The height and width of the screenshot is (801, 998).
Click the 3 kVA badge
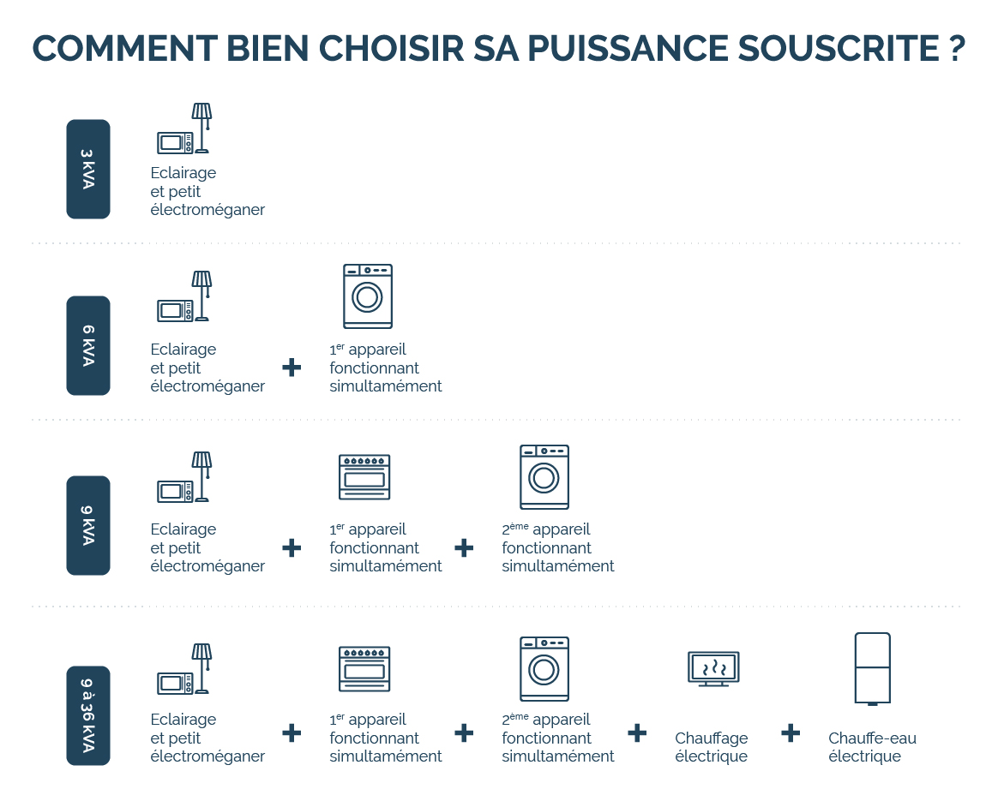[x=88, y=170]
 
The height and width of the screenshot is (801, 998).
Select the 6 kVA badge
[x=88, y=345]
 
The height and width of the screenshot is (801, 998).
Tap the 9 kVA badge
[x=88, y=525]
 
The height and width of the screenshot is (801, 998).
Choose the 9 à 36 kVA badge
[x=88, y=715]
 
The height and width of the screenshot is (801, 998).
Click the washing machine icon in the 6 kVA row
[x=368, y=296]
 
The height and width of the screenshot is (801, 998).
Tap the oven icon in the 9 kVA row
[x=364, y=477]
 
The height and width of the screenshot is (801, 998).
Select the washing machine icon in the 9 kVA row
[x=544, y=476]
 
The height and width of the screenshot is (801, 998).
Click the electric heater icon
[x=713, y=668]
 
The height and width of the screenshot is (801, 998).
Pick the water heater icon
[x=873, y=669]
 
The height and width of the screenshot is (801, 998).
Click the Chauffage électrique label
[x=711, y=747]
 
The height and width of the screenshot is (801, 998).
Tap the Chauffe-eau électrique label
[x=872, y=747]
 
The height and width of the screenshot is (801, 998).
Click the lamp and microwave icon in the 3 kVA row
[x=185, y=129]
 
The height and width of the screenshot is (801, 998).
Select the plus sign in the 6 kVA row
[x=292, y=368]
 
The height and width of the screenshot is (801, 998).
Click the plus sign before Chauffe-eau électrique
[x=791, y=732]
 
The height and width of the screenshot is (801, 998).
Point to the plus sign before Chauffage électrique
[x=636, y=732]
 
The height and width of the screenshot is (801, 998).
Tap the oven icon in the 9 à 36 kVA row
[x=364, y=669]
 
